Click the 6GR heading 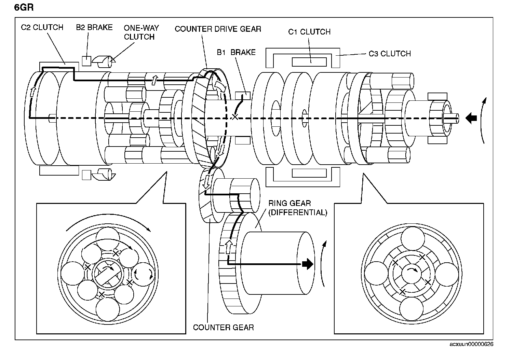coord(24,8)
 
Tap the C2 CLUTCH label coord(42,27)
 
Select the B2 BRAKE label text coord(94,27)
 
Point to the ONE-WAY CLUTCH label coord(141,32)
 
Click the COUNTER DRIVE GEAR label coord(218,29)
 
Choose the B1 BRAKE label coord(236,52)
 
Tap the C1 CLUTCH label coord(309,32)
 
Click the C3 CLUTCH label coord(390,54)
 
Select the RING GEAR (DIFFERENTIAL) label coord(298,208)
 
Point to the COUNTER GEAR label coord(223,327)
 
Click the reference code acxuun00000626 coord(471,344)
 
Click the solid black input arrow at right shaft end coord(471,118)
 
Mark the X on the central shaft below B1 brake coord(234,117)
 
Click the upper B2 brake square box coord(86,61)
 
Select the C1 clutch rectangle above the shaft coord(309,62)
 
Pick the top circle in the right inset coord(413,238)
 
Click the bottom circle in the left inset coord(108,309)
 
